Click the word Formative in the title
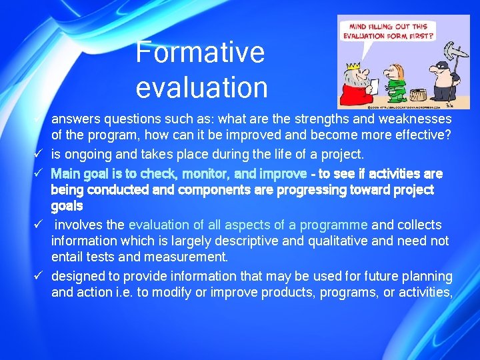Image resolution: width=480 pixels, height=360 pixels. pyautogui.click(x=200, y=52)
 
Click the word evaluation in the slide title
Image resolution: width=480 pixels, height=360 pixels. pyautogui.click(x=201, y=87)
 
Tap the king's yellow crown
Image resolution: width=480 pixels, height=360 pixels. pyautogui.click(x=353, y=58)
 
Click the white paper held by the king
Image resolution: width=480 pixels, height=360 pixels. pyautogui.click(x=373, y=85)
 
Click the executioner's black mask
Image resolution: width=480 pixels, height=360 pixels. pyautogui.click(x=441, y=67)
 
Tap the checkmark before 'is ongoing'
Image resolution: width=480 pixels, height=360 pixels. pyautogui.click(x=39, y=155)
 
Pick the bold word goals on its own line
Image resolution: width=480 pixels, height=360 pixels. pyautogui.click(x=67, y=206)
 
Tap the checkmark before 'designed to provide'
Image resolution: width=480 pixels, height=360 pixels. pyautogui.click(x=39, y=276)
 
